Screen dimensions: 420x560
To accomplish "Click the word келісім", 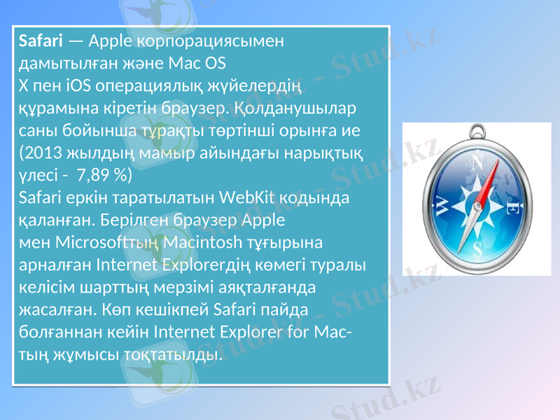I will tap(45, 288).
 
